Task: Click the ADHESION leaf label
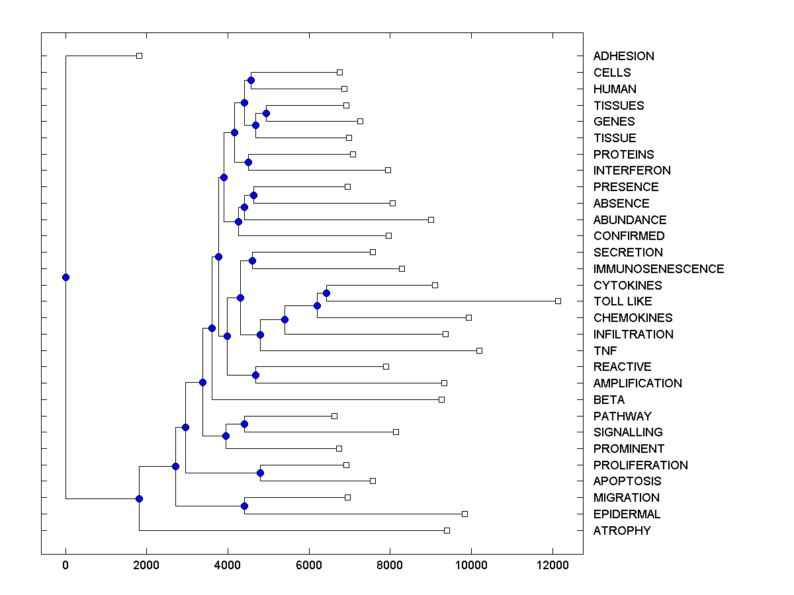pos(623,56)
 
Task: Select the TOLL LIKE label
pos(622,301)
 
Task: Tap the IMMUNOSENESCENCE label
pos(658,269)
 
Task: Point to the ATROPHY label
pos(621,531)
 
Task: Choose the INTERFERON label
pos(632,171)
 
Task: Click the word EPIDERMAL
pos(627,514)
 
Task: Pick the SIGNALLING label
pos(628,432)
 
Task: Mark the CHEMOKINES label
pos(633,318)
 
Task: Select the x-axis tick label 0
pos(66,565)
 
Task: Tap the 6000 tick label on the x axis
pos(309,565)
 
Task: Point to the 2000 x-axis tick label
pos(147,565)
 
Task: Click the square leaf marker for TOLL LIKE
pos(558,301)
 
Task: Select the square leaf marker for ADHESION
pos(139,56)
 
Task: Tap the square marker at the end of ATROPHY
pos(447,530)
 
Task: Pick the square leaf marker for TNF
pos(479,350)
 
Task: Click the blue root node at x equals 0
pos(66,277)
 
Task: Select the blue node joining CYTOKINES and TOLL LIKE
pos(326,293)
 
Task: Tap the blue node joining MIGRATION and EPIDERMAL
pos(244,506)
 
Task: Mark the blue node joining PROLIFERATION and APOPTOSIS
pos(260,473)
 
